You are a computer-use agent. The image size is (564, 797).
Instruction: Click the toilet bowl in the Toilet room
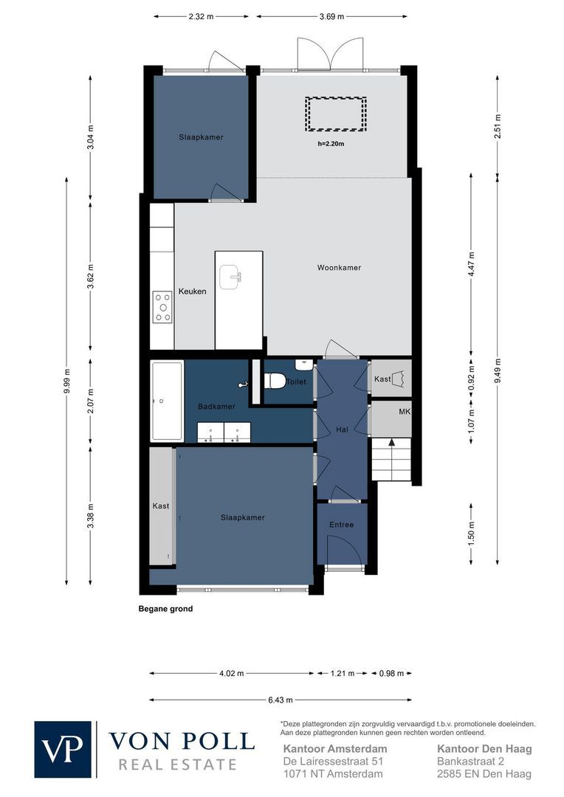tap(275, 381)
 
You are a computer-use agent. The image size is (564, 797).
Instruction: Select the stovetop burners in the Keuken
tap(162, 306)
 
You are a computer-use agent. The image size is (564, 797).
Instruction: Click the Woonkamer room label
tap(339, 268)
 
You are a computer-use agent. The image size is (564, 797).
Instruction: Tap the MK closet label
tap(404, 411)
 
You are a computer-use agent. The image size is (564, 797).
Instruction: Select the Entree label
tap(342, 525)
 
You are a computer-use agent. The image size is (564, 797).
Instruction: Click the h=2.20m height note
tap(331, 144)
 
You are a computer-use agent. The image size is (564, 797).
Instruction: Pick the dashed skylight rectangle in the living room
tap(335, 114)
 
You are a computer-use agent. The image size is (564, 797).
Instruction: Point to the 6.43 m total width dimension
tap(281, 700)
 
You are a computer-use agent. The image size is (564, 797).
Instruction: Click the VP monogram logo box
tap(63, 750)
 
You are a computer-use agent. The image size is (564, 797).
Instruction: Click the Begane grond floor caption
tap(165, 609)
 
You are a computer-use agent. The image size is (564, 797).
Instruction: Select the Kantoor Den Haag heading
tap(484, 748)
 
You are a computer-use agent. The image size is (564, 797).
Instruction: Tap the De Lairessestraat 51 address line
tap(334, 761)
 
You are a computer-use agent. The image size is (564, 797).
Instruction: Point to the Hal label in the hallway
tap(342, 430)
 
